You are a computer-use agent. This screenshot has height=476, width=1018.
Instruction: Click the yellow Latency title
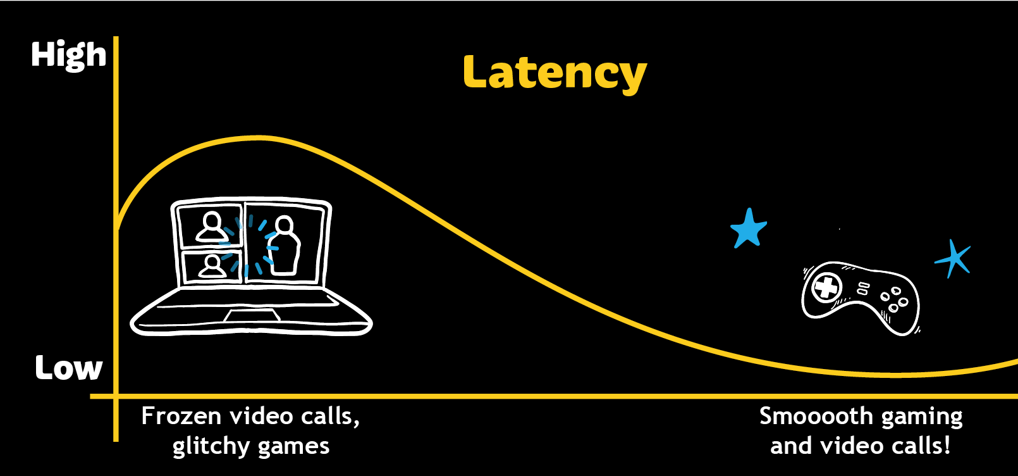555,73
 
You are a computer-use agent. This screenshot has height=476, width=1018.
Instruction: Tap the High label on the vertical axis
68,56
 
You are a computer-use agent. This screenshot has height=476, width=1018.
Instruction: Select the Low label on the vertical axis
68,368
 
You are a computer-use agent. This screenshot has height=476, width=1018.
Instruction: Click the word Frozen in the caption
181,416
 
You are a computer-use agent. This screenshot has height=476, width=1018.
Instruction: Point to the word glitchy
211,447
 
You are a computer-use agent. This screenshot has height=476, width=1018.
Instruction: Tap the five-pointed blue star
749,229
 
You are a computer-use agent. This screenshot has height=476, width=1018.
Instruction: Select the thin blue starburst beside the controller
954,258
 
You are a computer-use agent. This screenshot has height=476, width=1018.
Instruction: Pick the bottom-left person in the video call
212,266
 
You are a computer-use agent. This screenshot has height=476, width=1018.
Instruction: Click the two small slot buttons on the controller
863,289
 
